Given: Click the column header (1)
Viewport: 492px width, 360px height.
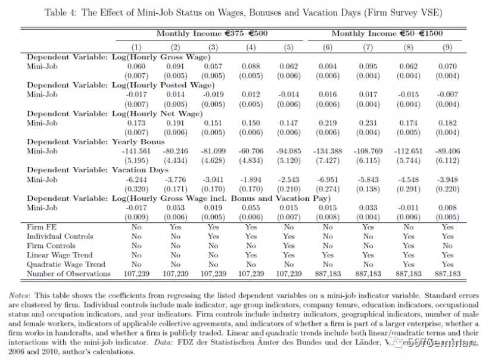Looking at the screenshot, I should [x=136, y=47].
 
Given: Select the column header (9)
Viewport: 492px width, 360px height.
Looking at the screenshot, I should [x=447, y=47].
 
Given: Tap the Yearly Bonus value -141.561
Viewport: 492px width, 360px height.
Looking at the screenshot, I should [x=136, y=151].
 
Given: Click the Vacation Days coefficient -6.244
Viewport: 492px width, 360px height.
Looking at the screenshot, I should [x=136, y=179].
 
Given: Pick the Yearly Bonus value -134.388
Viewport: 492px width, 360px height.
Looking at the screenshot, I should [x=328, y=151].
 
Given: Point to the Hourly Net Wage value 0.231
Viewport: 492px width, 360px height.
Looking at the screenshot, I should [x=368, y=122].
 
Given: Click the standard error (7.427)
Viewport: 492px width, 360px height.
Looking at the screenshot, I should [x=328, y=160].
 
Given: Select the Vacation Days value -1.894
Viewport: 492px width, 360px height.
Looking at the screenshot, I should [x=251, y=179].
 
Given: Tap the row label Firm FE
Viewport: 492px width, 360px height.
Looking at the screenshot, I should [x=42, y=227].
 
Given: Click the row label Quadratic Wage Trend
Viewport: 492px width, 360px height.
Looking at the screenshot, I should [x=66, y=264].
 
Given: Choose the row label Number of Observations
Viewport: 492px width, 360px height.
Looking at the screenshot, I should [x=68, y=274].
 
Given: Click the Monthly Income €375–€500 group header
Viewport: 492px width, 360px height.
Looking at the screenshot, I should [x=212, y=34].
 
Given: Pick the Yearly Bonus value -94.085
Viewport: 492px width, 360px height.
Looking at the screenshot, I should [x=289, y=151].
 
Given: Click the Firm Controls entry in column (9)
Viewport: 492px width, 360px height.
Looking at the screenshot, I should [x=447, y=246].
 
